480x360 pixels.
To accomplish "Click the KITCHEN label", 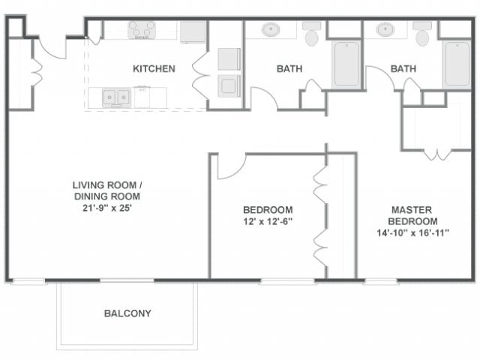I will point(154,69).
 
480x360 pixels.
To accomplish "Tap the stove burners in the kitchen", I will point(141,29).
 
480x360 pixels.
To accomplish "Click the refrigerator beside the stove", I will point(193,31).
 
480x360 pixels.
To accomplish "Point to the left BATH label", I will point(289,69).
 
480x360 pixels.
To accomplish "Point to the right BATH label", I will point(403,69).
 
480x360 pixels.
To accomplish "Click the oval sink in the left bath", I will point(270,30).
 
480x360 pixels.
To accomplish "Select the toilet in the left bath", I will point(312,33).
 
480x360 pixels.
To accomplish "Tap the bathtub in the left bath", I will point(346,63).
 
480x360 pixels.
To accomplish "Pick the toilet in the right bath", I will point(422,33).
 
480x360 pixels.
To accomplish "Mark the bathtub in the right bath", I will point(457,64).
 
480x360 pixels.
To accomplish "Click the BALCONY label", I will point(127,313).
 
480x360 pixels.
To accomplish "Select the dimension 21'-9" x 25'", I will point(106,208).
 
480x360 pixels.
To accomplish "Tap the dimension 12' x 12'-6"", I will point(268,222).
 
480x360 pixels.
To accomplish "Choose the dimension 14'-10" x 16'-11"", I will point(413,233).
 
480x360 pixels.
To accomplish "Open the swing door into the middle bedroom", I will point(230,166).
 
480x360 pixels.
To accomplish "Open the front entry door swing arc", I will point(52,47).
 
